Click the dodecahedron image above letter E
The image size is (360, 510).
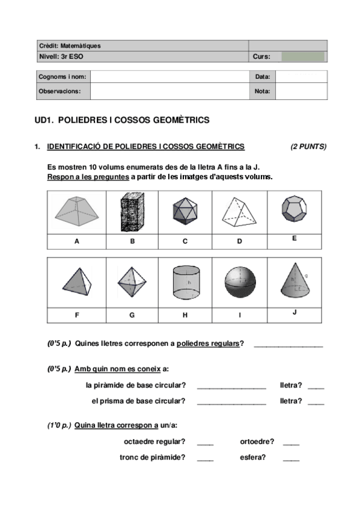[x=294, y=210]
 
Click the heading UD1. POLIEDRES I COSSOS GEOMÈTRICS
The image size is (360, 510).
[x=122, y=120]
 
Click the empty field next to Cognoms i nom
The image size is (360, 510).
[x=169, y=77]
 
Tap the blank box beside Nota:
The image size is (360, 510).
[x=301, y=91]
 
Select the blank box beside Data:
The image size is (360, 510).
[x=301, y=77]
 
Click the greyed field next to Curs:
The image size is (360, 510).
[x=303, y=57]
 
